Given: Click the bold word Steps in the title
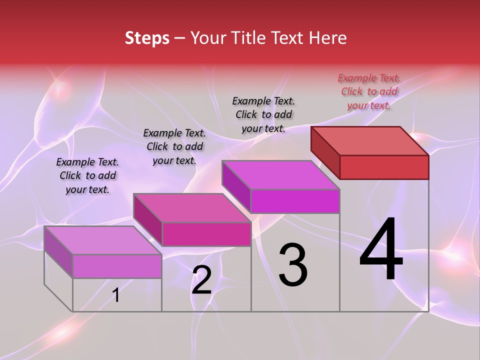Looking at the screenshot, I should pos(147,38).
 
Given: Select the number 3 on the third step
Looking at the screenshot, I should pos(292,265).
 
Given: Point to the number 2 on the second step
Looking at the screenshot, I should pos(201,280).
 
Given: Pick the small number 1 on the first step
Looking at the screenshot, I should pos(116,295).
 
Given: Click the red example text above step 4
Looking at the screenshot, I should pos(369,91).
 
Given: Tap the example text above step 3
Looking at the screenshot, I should pos(263,114).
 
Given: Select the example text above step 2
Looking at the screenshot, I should pos(174,146).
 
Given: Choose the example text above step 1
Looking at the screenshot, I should pos(87,175).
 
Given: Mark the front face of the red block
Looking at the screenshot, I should pos(384,167).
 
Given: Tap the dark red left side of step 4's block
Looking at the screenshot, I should pos(325,152).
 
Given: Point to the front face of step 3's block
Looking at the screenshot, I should pos(295,201).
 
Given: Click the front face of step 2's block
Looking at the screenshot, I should pos(206,234).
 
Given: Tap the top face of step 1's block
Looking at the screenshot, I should pos(103,240).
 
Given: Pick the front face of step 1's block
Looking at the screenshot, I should pos(117,266).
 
